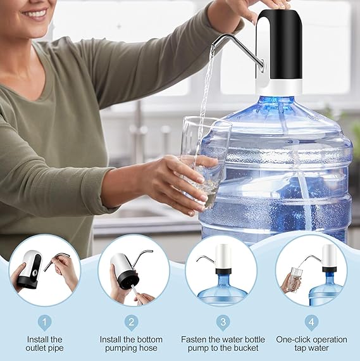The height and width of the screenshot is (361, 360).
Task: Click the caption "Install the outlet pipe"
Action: pyautogui.click(x=44, y=344)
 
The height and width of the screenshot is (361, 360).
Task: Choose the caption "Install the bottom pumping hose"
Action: pyautogui.click(x=132, y=344)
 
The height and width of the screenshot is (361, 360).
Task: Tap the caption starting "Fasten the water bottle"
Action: pyautogui.click(x=223, y=344)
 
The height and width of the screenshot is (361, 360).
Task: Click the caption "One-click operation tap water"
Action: pyautogui.click(x=311, y=344)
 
